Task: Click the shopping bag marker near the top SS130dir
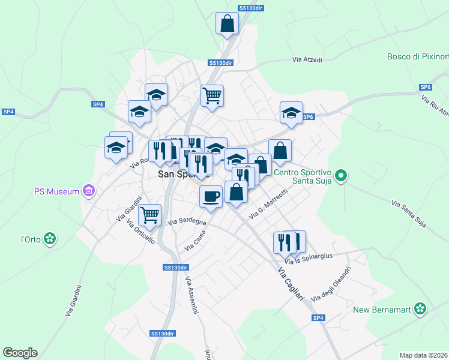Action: (x=228, y=24)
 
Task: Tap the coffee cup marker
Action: (x=210, y=196)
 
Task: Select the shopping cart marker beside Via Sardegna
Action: (x=149, y=214)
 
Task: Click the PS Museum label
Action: (x=56, y=191)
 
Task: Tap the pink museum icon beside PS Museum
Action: (x=89, y=191)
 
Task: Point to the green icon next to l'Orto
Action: (x=50, y=239)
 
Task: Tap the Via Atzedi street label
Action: (x=307, y=60)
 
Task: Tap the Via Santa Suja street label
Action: (x=408, y=214)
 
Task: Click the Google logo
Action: (x=20, y=353)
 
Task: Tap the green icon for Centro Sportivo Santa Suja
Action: (x=341, y=176)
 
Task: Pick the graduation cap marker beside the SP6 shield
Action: (x=291, y=113)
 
